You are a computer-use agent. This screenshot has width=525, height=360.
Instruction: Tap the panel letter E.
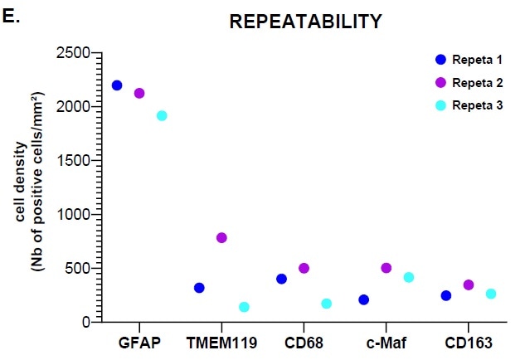point(10,12)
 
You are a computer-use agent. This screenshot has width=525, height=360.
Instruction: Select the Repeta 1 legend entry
point(469,61)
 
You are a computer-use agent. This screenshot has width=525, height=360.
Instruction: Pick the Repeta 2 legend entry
point(469,82)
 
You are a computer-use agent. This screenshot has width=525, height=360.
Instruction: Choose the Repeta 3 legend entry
point(469,105)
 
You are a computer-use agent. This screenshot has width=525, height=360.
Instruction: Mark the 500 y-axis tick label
point(76,268)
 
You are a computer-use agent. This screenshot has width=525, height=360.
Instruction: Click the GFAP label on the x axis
point(139,343)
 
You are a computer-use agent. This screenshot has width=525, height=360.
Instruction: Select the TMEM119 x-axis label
point(221,343)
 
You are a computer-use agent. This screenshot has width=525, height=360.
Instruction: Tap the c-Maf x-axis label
point(386,343)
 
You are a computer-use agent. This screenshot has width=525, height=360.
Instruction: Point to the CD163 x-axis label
point(468,343)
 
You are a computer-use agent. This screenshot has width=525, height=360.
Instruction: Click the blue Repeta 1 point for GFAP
point(117,85)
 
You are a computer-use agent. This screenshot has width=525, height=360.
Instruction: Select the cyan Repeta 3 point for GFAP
point(162,115)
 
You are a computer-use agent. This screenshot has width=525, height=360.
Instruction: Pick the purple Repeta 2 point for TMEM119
point(221,237)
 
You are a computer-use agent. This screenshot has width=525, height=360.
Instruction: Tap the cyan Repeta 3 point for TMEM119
point(244,307)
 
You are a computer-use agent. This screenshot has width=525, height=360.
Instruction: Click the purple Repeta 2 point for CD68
point(304,268)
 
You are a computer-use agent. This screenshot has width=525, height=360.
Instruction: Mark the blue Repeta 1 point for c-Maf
point(363,299)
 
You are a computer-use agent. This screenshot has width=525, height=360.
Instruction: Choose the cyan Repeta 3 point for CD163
point(490,294)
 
